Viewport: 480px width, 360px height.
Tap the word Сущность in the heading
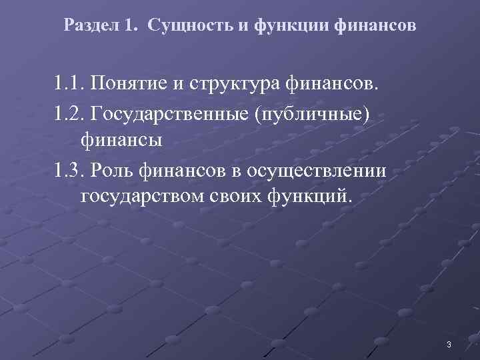coord(182,27)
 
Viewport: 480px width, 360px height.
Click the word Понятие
coord(127,85)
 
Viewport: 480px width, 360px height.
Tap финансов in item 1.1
coord(332,85)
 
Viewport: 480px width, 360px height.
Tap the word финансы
coord(122,141)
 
